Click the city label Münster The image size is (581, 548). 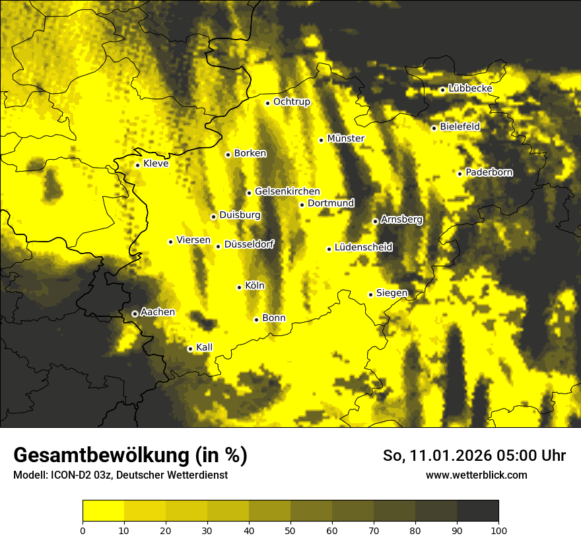(x=346, y=139)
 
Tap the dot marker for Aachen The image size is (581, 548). (x=135, y=314)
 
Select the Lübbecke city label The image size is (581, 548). (x=471, y=88)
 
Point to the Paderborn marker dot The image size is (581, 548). (x=460, y=174)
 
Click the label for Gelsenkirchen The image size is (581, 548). (x=287, y=191)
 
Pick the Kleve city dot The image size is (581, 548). (x=137, y=165)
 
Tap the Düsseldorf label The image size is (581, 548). (x=249, y=244)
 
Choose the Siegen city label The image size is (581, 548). (x=392, y=292)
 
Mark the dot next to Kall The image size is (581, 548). (x=190, y=349)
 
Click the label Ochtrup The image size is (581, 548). (x=292, y=102)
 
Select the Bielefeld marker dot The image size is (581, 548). (x=434, y=128)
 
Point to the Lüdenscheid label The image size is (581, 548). (x=364, y=248)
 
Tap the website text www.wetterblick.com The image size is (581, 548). (x=477, y=475)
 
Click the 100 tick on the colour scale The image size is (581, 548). (x=498, y=530)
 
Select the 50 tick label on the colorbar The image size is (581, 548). (x=290, y=530)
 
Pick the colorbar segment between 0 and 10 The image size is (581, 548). (x=104, y=510)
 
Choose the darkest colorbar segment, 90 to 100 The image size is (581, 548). (x=477, y=510)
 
